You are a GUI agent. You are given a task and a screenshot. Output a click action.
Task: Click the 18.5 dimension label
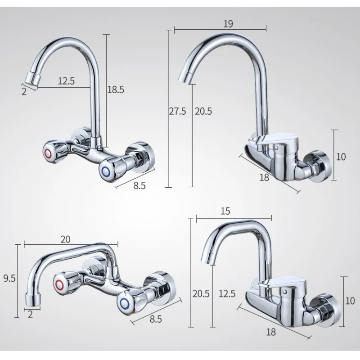pyautogui.click(x=116, y=89)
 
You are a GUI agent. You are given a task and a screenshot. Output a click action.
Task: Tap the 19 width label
pyautogui.click(x=228, y=24)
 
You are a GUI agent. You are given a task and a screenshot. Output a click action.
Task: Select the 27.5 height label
pyautogui.click(x=177, y=111)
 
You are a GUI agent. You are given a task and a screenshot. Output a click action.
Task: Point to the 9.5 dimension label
pyautogui.click(x=9, y=278)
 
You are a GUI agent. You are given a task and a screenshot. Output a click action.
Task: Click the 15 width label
pyautogui.click(x=225, y=211)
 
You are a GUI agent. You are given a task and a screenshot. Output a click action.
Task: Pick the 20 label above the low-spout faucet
pyautogui.click(x=65, y=239)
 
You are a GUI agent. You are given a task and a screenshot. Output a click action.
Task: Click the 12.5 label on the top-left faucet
pyautogui.click(x=66, y=81)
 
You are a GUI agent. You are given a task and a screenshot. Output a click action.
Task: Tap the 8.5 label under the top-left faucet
pyautogui.click(x=139, y=185)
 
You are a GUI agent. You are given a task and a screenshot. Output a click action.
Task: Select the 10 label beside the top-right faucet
pyautogui.click(x=341, y=157)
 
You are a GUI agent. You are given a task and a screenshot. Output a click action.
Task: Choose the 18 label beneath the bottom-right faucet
pyautogui.click(x=271, y=332)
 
